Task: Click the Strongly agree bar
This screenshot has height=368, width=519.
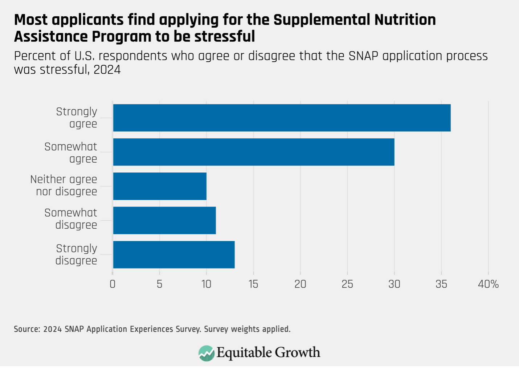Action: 282,118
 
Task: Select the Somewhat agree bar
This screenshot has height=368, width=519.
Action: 253,152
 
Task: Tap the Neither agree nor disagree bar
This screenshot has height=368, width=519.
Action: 160,186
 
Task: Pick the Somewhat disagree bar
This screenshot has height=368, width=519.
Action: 164,220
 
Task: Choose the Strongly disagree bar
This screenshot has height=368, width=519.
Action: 173,254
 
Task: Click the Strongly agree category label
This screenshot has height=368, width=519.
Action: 77,118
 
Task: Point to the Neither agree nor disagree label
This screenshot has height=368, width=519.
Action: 64,185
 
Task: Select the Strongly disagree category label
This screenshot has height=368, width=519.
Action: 76,254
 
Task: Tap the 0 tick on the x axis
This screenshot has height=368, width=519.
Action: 113,284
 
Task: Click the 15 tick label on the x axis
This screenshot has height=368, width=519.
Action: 253,284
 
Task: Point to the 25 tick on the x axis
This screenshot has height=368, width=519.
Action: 347,284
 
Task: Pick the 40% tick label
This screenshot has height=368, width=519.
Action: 488,284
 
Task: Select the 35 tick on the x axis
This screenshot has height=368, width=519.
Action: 441,284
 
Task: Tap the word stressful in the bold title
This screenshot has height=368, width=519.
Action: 224,37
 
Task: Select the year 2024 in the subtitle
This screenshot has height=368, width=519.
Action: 107,70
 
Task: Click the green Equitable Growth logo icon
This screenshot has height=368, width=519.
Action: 206,353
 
